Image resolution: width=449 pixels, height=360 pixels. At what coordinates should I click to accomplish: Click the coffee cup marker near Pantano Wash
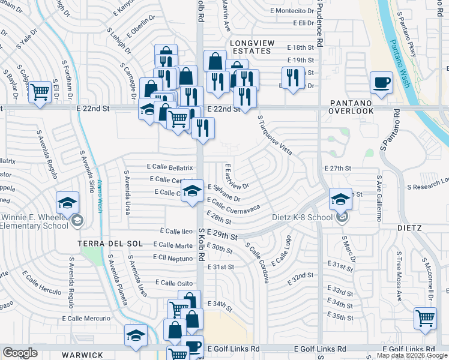[x=381, y=83]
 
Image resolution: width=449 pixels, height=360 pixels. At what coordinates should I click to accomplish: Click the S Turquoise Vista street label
[x=274, y=136]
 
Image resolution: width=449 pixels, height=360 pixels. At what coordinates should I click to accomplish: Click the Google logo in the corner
[x=20, y=352]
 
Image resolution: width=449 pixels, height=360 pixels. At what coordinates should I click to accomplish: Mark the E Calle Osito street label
[x=173, y=283]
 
